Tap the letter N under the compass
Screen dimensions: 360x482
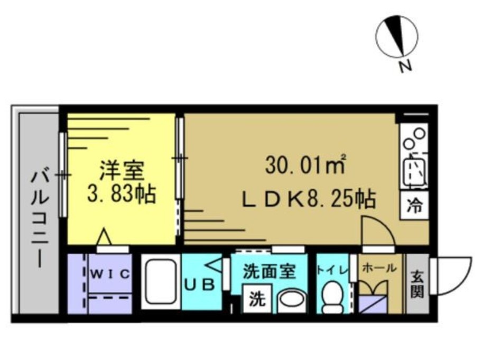pos(405,67)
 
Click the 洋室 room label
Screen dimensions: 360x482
pos(122,170)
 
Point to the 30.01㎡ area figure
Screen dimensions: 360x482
pos(305,166)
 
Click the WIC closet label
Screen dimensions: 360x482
pos(109,273)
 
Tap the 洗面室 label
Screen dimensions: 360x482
pos(268,272)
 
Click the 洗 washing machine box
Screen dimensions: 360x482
pos(256,299)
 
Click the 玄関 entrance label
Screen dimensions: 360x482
pos(418,283)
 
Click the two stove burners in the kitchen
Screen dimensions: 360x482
pos(415,138)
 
